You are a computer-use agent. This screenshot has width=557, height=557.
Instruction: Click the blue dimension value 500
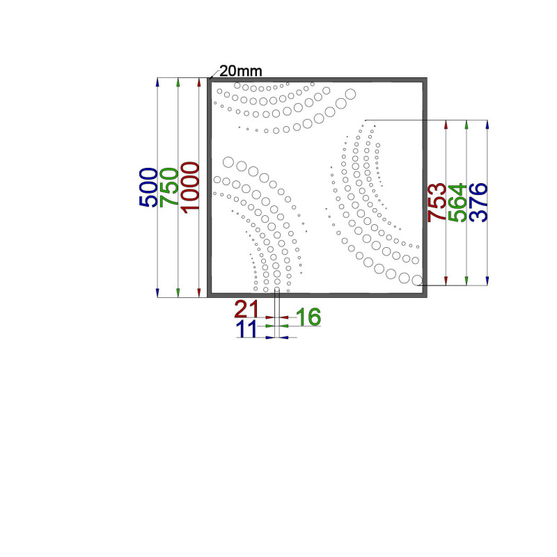[148, 187]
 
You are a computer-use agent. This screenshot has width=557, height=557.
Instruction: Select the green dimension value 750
[169, 187]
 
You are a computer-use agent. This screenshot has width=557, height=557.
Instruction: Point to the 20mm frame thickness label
[240, 71]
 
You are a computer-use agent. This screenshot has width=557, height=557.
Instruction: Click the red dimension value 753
[437, 203]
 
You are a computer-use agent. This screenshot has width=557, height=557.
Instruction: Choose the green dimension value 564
[457, 203]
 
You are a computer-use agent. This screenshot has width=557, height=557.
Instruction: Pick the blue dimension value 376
[478, 203]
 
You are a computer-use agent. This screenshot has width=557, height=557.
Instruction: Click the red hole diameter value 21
[246, 308]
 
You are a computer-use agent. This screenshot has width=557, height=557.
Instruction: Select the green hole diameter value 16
[308, 317]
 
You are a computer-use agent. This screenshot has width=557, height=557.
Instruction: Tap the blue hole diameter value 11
[246, 329]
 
